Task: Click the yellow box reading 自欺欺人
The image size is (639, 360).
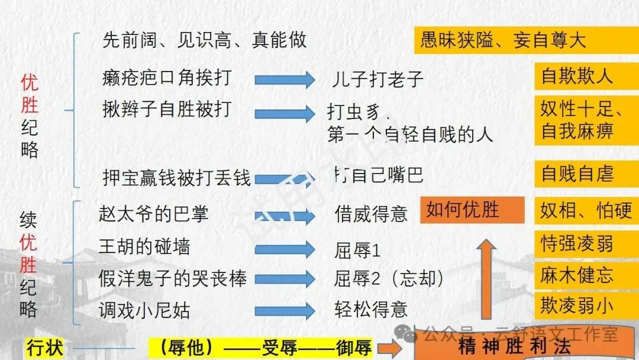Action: coord(577,77)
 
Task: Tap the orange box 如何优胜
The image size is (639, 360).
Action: coord(472,210)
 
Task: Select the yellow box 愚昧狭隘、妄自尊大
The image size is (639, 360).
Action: coord(510,40)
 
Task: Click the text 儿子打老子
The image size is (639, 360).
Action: coord(376,79)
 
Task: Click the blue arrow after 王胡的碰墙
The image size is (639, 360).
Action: coord(285,249)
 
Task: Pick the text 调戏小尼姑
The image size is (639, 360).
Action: coord(144,310)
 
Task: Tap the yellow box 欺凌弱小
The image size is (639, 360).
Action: coord(577,306)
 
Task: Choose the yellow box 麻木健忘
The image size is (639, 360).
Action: coord(577,275)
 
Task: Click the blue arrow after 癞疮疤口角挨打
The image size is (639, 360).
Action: coord(285,79)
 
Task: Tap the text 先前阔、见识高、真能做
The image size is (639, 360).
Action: coord(205,40)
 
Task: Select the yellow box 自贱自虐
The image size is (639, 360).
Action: coord(577,174)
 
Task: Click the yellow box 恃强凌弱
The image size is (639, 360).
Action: coord(577,243)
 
